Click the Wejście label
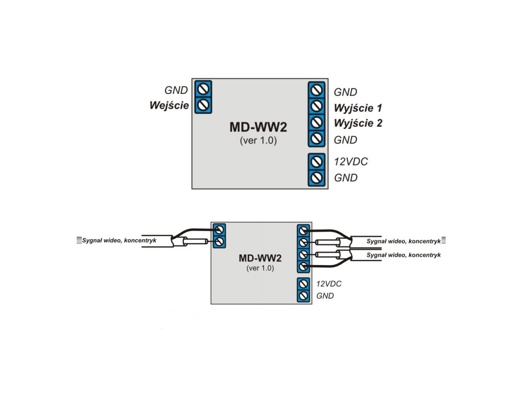pos(169,106)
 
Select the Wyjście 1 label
pos(358,108)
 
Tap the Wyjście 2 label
pos(358,124)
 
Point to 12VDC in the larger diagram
pos(351,162)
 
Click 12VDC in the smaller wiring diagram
pos(329,284)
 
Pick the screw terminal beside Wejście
pos(203,105)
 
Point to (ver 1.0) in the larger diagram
pos(258,140)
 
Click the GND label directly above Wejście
pos(175,90)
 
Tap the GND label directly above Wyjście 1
pos(345,92)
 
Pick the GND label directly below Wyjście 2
pos(345,140)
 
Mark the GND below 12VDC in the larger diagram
pos(345,178)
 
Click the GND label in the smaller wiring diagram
pos(325,296)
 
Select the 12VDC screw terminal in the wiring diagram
pos(304,284)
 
